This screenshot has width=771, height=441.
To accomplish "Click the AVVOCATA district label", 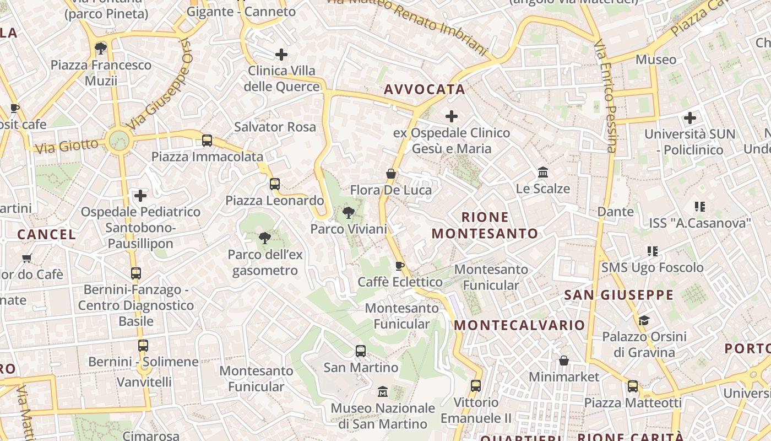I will (425, 89).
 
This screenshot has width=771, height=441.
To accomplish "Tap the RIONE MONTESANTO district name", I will (485, 225).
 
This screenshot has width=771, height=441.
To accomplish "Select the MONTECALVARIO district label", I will (519, 325).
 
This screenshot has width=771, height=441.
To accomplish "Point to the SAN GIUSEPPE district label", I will (619, 295).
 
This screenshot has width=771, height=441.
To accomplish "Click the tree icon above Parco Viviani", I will (348, 212).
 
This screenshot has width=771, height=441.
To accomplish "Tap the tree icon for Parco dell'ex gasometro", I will (265, 238).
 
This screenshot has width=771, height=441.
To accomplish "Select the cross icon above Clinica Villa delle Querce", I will (281, 54).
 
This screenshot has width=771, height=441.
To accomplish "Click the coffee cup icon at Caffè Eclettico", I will (400, 266).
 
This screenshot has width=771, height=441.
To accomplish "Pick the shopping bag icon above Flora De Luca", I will (391, 174).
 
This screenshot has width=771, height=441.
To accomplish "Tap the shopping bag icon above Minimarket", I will (564, 361).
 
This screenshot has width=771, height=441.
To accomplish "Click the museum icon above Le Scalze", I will (543, 173).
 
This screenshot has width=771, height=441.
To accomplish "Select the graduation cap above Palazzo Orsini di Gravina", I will (644, 321).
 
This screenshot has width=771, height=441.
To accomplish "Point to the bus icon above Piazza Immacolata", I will (207, 141).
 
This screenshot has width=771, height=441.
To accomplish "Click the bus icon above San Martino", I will (361, 351).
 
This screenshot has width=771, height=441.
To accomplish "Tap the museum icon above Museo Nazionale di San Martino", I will (383, 392).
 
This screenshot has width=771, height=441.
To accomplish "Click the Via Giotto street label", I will (67, 146).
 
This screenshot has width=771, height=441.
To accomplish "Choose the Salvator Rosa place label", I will (275, 127).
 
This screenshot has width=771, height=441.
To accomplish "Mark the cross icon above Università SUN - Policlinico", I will (689, 118).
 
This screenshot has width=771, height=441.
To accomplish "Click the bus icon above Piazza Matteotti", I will (633, 386).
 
